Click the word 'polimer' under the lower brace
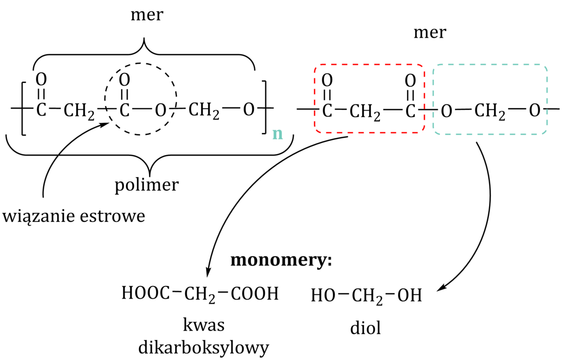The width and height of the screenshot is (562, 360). tap(147, 185)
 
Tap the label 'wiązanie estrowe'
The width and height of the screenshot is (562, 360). tap(74, 217)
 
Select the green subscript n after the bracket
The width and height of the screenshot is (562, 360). tap(278, 134)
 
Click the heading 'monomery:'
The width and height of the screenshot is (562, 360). tap(281, 261)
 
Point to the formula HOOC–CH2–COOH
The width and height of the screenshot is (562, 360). tap(200, 294)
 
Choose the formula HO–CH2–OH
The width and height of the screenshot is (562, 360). tap(366, 295)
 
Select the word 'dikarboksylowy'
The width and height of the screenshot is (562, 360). tap(204, 347)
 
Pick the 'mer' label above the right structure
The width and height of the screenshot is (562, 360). tap(429, 33)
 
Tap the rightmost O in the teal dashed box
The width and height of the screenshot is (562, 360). tap(535, 112)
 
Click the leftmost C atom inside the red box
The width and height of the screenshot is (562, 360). tap(327, 112)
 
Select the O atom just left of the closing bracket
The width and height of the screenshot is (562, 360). tap(249, 111)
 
